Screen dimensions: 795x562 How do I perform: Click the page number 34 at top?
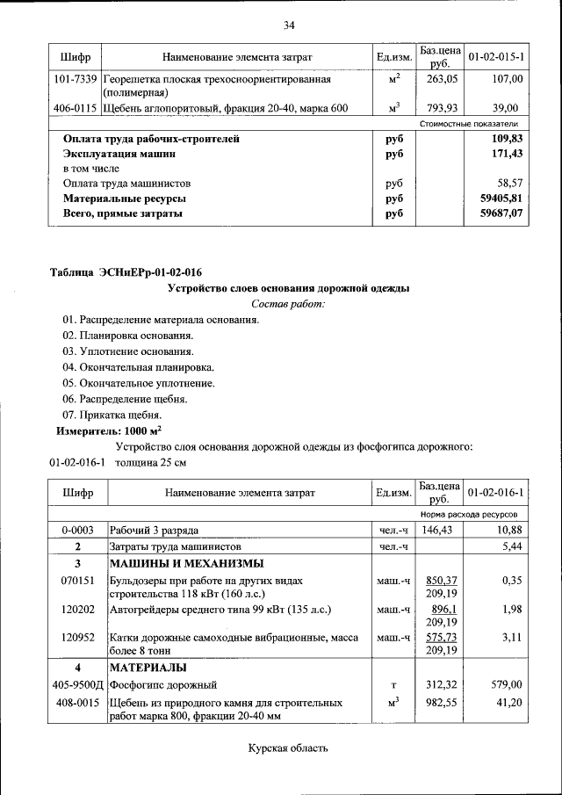[x=288, y=25]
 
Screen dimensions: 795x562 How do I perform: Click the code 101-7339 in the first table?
[x=74, y=79]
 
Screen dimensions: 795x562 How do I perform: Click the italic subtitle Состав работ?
[x=288, y=304]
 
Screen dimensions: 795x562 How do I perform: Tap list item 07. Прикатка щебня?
[x=112, y=415]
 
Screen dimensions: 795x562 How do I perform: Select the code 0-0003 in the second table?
[x=77, y=531]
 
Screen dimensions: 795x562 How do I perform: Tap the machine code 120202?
[x=77, y=609]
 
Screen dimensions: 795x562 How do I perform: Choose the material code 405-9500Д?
[x=77, y=684]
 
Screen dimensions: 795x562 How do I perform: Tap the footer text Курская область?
[x=288, y=748]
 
